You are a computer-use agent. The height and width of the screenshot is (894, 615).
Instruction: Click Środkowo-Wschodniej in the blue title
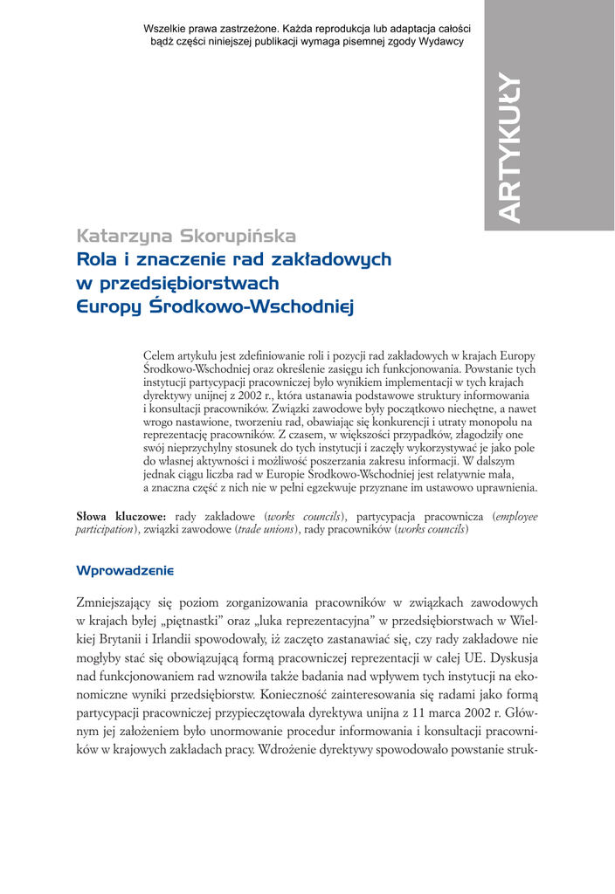tap(254, 306)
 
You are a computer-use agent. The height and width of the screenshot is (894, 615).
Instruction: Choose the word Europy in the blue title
tap(108, 308)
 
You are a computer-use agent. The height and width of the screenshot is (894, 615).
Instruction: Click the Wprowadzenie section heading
tap(126, 570)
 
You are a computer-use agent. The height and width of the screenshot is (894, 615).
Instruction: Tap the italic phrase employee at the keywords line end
tap(515, 517)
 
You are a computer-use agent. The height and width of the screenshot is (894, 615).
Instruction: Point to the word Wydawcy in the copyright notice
tap(441, 41)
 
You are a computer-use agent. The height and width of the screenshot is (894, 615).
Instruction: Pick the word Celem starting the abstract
tap(159, 356)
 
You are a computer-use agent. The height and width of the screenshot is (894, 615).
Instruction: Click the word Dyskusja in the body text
tap(509, 658)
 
